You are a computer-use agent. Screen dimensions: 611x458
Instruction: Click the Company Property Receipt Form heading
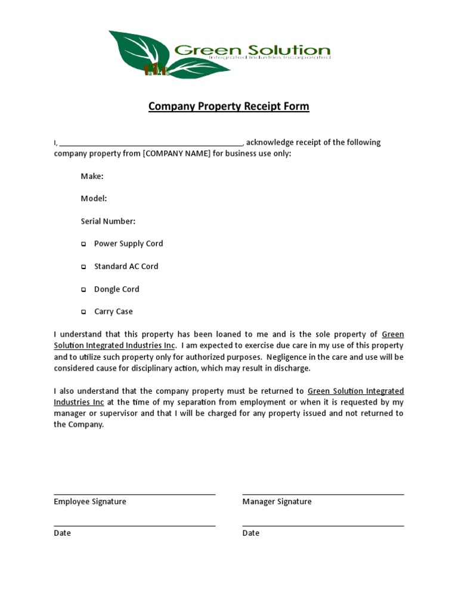click(x=228, y=107)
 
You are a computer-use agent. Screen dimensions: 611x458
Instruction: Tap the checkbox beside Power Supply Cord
click(x=83, y=244)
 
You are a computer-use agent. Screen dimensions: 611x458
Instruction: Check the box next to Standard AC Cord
click(x=83, y=267)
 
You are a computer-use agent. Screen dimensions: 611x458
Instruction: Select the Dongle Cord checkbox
click(x=83, y=289)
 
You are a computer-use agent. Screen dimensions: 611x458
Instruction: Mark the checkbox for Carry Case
click(x=83, y=312)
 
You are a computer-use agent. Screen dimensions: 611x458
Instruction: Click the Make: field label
click(x=92, y=176)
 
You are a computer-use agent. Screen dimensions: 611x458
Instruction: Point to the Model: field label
click(x=94, y=199)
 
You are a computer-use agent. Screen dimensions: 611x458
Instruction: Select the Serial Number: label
click(x=108, y=221)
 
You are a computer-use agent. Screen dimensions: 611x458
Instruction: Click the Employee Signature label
click(x=90, y=502)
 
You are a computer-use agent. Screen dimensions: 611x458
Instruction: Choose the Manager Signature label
click(x=277, y=502)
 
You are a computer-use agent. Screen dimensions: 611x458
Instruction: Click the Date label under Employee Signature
click(x=62, y=533)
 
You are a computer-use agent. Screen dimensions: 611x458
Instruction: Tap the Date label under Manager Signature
click(x=250, y=533)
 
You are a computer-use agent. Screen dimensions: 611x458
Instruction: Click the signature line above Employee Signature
click(x=134, y=495)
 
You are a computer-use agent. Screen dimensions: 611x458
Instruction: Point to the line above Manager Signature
click(x=323, y=495)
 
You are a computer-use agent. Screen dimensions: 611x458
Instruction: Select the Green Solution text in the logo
click(x=260, y=51)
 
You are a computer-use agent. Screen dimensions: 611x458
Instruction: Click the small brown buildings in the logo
click(x=157, y=69)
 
